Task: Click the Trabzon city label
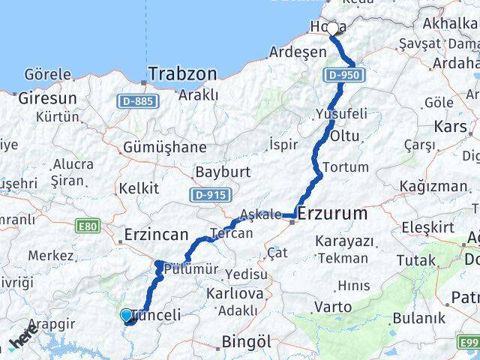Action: (x=182, y=74)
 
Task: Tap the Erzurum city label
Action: (x=332, y=214)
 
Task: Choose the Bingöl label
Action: (x=246, y=342)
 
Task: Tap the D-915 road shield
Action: (x=208, y=195)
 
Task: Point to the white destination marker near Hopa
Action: (x=333, y=29)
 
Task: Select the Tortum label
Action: (x=346, y=166)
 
